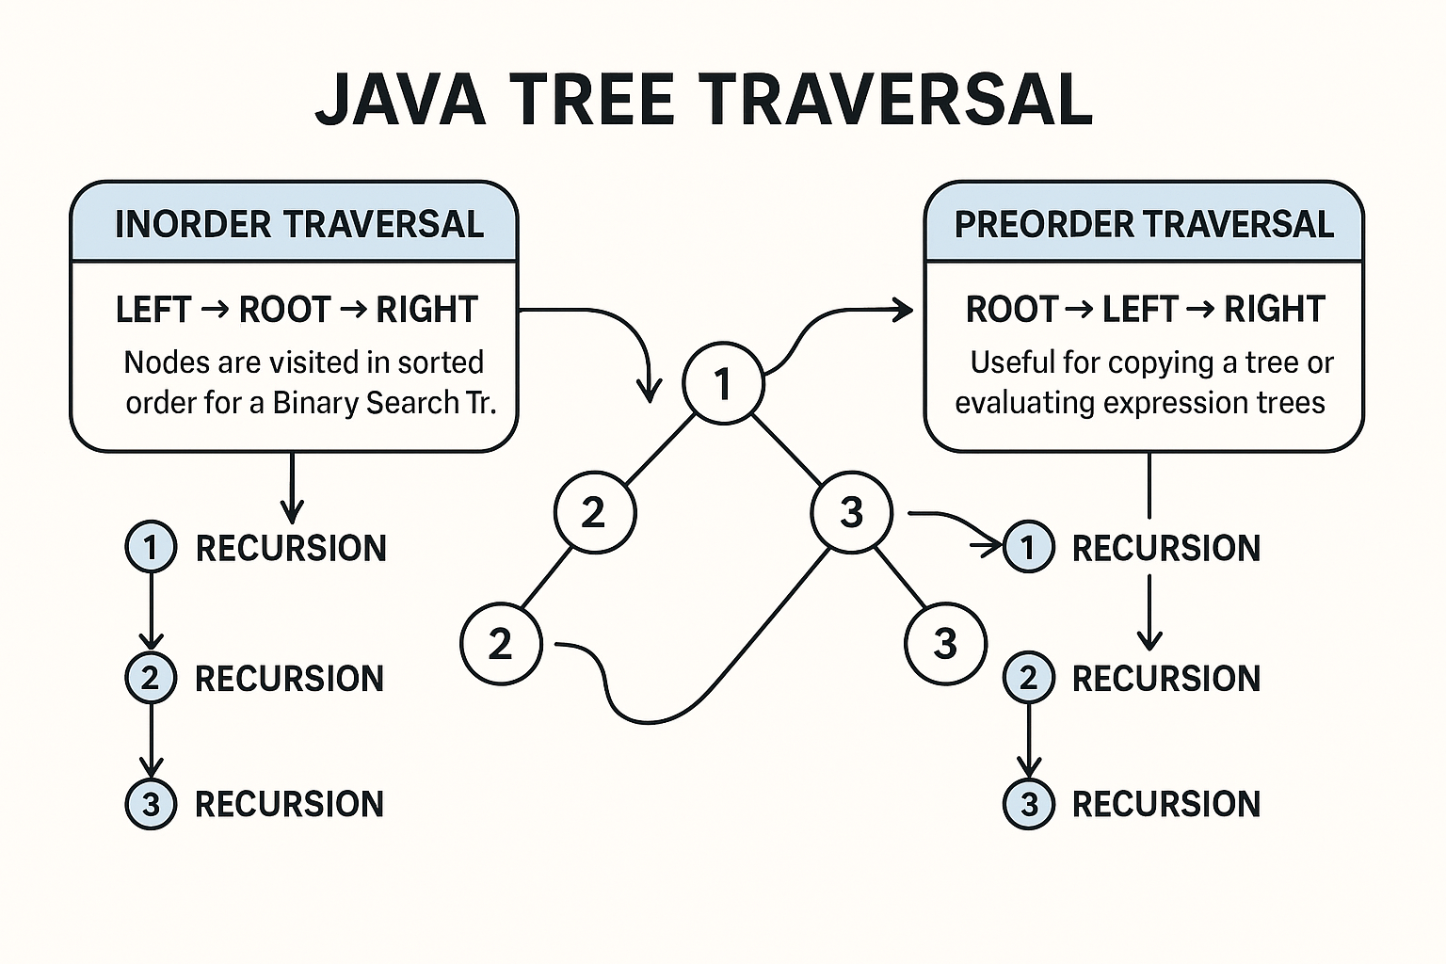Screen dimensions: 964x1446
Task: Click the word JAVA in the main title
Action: pyautogui.click(x=401, y=98)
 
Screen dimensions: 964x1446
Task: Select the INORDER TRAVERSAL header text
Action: pyautogui.click(x=298, y=224)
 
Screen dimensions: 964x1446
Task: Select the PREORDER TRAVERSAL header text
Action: pyautogui.click(x=1144, y=224)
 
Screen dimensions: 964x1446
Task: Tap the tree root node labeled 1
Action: pyautogui.click(x=723, y=383)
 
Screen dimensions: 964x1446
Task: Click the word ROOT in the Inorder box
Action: pyautogui.click(x=285, y=310)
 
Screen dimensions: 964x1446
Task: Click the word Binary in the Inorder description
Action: pyautogui.click(x=315, y=403)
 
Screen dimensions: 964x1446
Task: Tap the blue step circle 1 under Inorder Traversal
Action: pyautogui.click(x=151, y=547)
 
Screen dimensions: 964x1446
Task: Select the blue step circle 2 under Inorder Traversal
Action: pyautogui.click(x=151, y=677)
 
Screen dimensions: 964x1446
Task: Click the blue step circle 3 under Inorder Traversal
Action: pyautogui.click(x=151, y=803)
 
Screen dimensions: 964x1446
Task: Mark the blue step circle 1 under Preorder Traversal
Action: pyautogui.click(x=1028, y=547)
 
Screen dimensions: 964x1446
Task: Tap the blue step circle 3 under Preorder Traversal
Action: pyautogui.click(x=1028, y=803)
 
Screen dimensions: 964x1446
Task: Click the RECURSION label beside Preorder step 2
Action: pyautogui.click(x=1165, y=678)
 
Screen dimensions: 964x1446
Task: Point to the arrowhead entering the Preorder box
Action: pyautogui.click(x=904, y=310)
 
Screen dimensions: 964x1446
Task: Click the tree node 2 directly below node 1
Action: pyautogui.click(x=594, y=512)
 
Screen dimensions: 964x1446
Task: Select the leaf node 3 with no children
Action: pyautogui.click(x=944, y=644)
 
